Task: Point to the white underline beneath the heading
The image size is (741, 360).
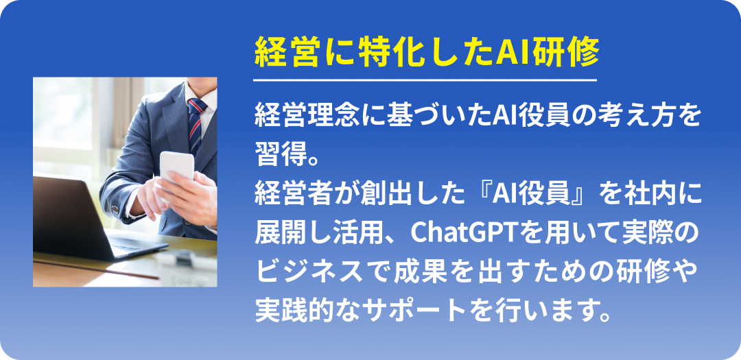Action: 425,80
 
